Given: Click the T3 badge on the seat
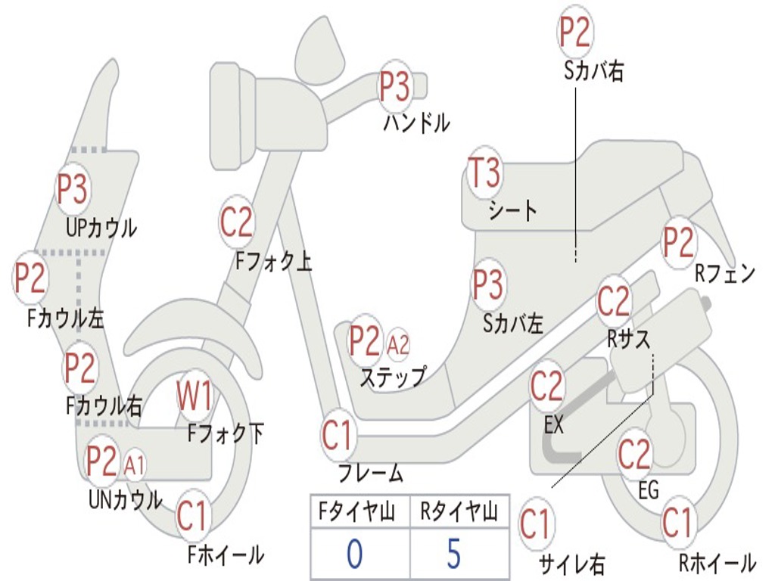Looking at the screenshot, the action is tap(484, 172).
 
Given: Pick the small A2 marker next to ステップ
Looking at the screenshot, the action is tap(398, 345).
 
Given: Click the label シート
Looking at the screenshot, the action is tap(512, 210).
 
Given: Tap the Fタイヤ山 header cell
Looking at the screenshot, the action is tap(359, 514).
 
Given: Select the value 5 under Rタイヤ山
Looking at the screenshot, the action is tap(453, 554).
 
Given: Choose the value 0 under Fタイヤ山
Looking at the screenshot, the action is tap(353, 554).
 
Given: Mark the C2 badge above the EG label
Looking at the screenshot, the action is tap(634, 454).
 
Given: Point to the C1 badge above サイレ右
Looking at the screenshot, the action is tap(534, 524).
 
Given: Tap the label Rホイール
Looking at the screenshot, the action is tap(716, 563).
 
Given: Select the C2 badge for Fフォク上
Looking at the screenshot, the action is tap(237, 222).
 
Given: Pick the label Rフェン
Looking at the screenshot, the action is tap(725, 274).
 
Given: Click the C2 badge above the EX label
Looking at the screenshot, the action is tap(547, 387).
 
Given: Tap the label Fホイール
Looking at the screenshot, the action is tap(226, 555).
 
